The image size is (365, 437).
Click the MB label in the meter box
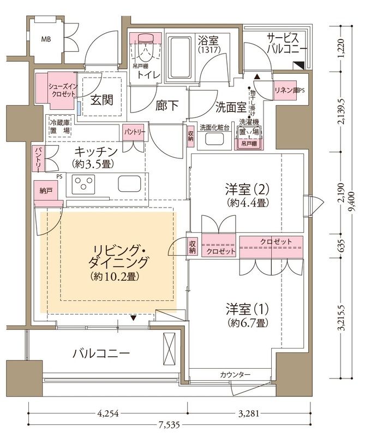[45, 39]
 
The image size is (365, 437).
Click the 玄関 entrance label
[102, 101]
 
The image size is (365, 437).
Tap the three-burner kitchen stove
[86, 184]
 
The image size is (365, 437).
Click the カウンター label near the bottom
[235, 375]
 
